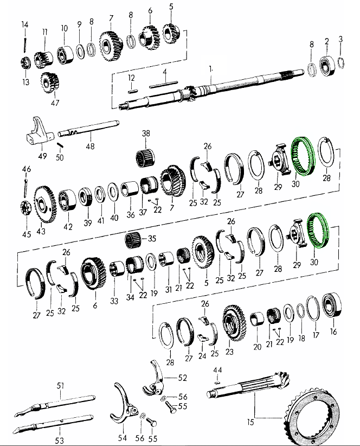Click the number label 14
[x=25, y=24]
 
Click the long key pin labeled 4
[x=164, y=84]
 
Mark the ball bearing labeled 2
[x=327, y=66]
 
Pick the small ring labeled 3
[x=342, y=62]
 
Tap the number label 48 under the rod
[x=90, y=146]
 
